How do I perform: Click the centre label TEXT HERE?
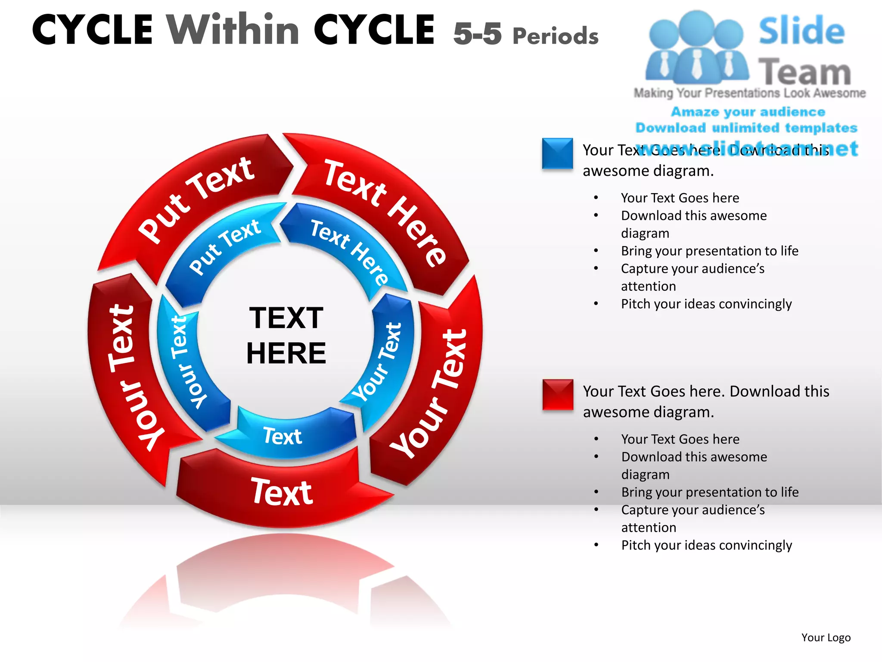pos(286,335)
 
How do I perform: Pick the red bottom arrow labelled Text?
pos(282,491)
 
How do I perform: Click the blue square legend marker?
pos(557,153)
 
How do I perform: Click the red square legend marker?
pos(558,394)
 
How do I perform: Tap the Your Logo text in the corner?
pos(826,637)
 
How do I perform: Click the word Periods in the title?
pos(556,36)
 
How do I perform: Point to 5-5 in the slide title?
pos(477,34)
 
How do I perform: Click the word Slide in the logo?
pos(801,31)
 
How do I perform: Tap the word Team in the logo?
pos(804,72)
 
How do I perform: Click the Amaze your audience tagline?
pos(748,112)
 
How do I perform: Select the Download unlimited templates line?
pos(746,128)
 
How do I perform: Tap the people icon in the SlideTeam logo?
pos(696,47)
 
